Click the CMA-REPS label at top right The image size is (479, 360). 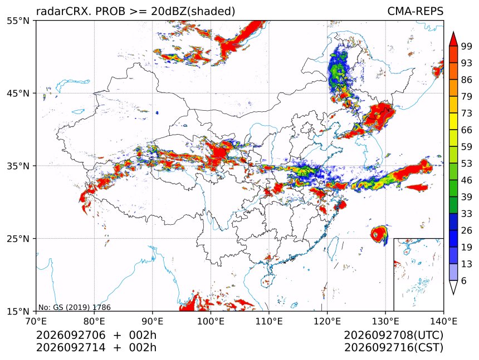[x=415, y=11]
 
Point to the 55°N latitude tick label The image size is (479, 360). [x=18, y=21]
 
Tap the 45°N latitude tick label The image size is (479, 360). [x=18, y=93]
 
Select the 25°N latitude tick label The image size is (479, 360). [x=18, y=238]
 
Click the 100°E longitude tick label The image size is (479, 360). [x=211, y=321]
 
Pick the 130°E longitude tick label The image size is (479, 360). [x=385, y=321]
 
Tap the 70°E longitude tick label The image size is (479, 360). [x=36, y=321]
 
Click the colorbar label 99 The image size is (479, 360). [x=467, y=46]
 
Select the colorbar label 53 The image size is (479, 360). [x=467, y=164]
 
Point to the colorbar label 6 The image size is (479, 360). [x=464, y=280]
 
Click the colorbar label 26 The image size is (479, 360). [x=467, y=230]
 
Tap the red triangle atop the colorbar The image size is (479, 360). [x=453, y=40]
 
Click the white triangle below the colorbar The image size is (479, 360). [x=453, y=286]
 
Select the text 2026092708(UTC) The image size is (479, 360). [x=393, y=336]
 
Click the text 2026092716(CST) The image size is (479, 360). [x=393, y=348]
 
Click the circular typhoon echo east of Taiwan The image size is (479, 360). [x=379, y=234]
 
